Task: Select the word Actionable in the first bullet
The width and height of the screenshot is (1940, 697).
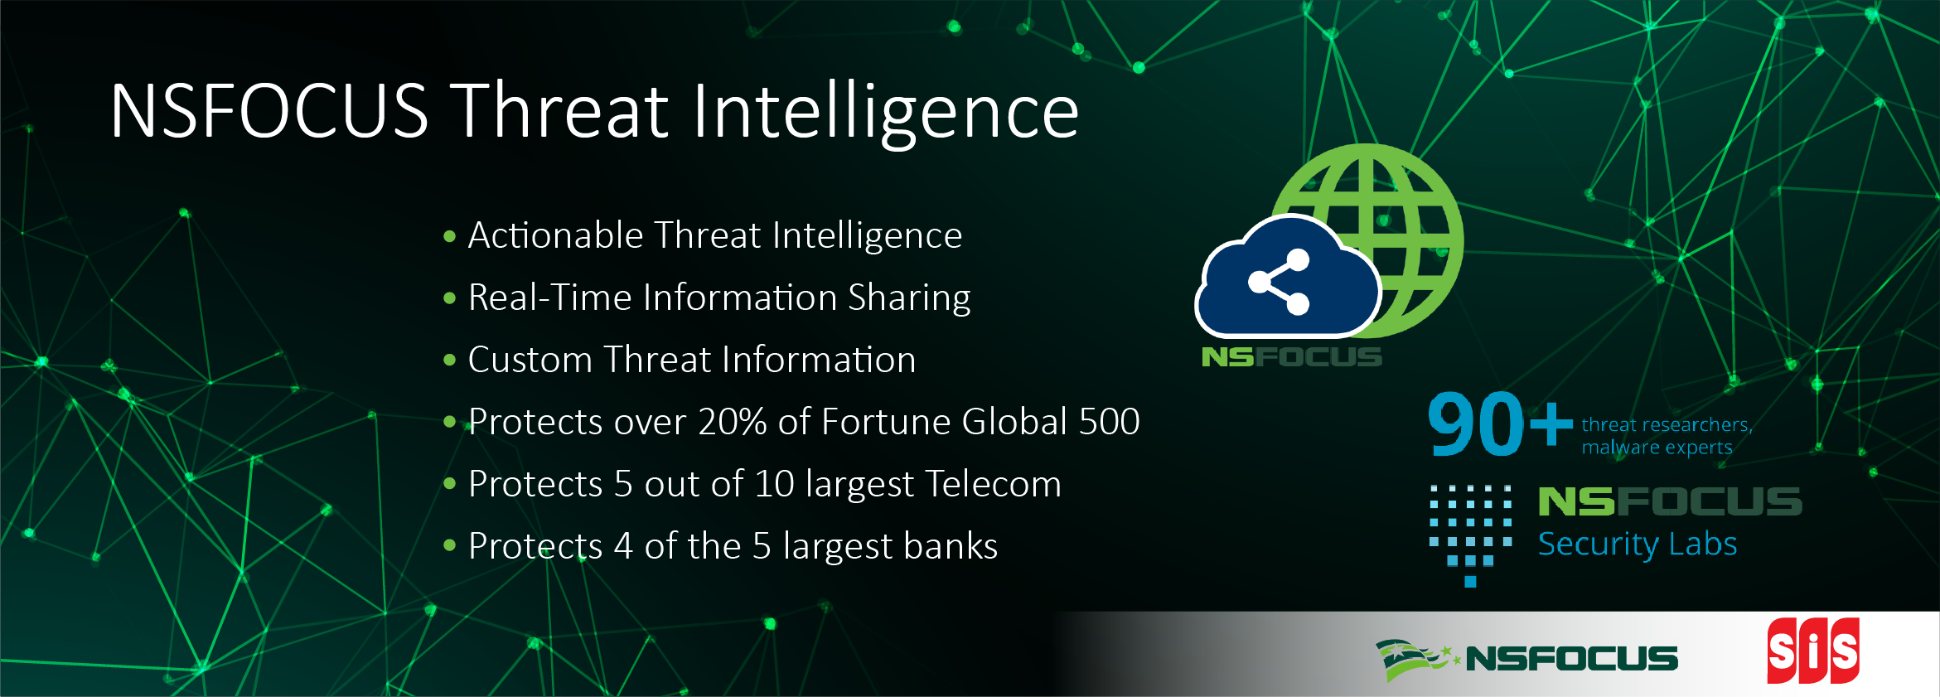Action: click(x=556, y=235)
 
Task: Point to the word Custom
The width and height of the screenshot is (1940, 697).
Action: click(x=530, y=360)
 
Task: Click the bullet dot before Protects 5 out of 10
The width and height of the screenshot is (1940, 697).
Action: click(x=450, y=484)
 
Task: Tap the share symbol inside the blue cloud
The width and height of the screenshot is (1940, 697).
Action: click(x=1279, y=282)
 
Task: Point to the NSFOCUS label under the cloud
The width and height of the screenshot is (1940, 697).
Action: click(x=1292, y=357)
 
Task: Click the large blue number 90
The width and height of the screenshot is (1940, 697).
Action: click(x=1476, y=424)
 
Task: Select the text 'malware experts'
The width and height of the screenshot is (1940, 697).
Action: click(x=1657, y=448)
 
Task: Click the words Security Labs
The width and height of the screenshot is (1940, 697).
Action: click(x=1638, y=545)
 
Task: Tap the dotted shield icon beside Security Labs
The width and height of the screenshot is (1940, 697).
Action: click(x=1471, y=535)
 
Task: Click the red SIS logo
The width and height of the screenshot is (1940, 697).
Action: click(x=1813, y=651)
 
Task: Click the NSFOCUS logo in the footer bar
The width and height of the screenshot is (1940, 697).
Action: click(x=1527, y=659)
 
